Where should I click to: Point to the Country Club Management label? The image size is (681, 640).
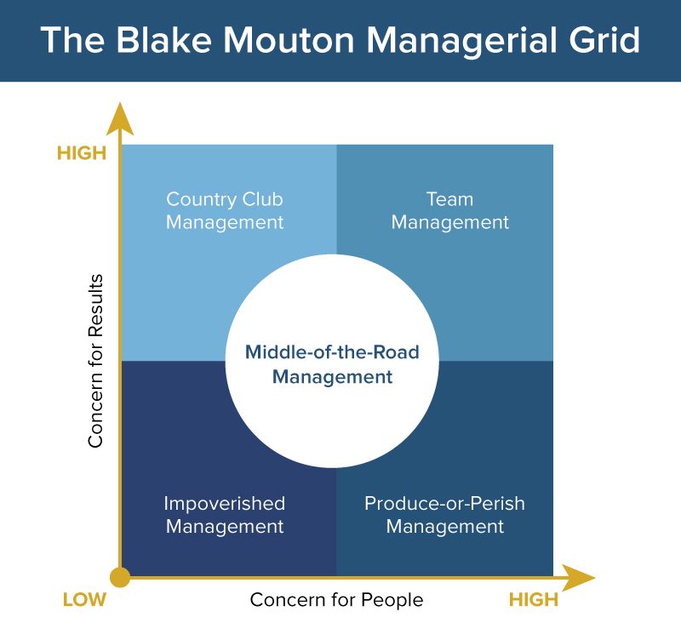click(x=225, y=211)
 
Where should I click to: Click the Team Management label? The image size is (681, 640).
click(x=449, y=211)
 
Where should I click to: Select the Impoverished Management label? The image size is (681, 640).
click(x=225, y=515)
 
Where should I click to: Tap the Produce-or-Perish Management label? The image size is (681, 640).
click(x=444, y=515)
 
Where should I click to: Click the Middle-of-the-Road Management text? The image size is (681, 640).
click(x=332, y=364)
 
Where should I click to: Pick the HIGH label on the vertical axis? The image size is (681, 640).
click(x=82, y=154)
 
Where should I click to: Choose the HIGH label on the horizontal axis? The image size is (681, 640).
click(x=534, y=600)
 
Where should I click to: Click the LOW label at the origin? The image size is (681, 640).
click(x=84, y=600)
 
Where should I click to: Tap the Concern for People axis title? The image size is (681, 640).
click(x=336, y=600)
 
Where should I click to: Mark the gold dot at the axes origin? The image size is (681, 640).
click(x=121, y=577)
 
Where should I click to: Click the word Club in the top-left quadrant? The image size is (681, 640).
click(x=260, y=200)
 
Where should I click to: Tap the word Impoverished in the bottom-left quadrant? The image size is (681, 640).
click(x=225, y=504)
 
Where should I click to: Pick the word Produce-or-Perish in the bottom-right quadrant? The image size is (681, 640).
click(x=444, y=504)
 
